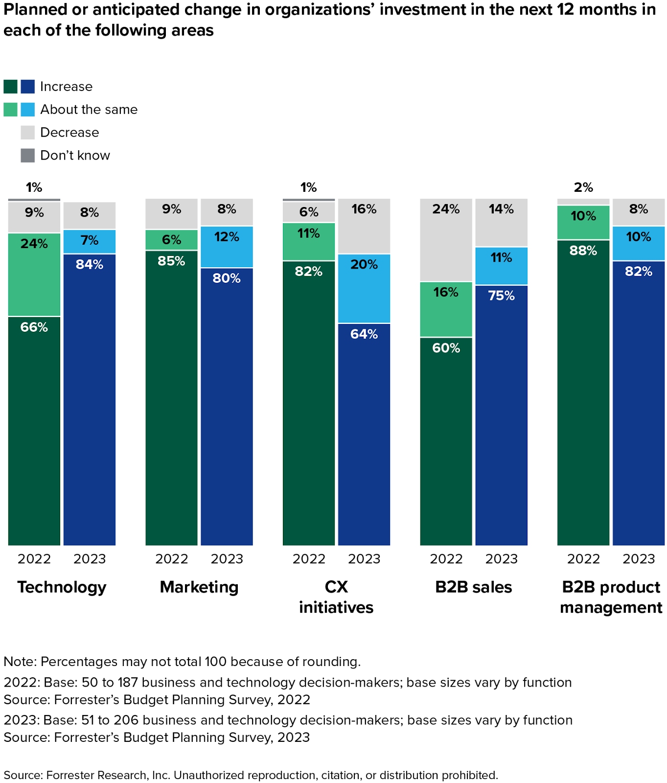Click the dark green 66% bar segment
pos(34,431)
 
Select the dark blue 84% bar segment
pos(90,399)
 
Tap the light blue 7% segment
pos(90,241)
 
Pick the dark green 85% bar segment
pos(171,397)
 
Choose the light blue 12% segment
pos(227,247)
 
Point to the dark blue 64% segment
pos(364,434)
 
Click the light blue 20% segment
pos(364,288)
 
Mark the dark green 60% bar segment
pos(446,441)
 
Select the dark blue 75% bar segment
pos(502,415)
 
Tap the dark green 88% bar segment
pos(583,392)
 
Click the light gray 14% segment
pos(502,222)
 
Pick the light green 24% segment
pos(34,275)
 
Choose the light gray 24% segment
pos(446,240)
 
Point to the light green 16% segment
pos(446,309)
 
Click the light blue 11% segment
pos(502,266)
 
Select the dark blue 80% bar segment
pos(227,406)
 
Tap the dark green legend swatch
pos(11,87)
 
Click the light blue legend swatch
pos(28,109)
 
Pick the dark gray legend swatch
pos(28,155)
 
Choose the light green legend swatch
pos(11,109)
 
